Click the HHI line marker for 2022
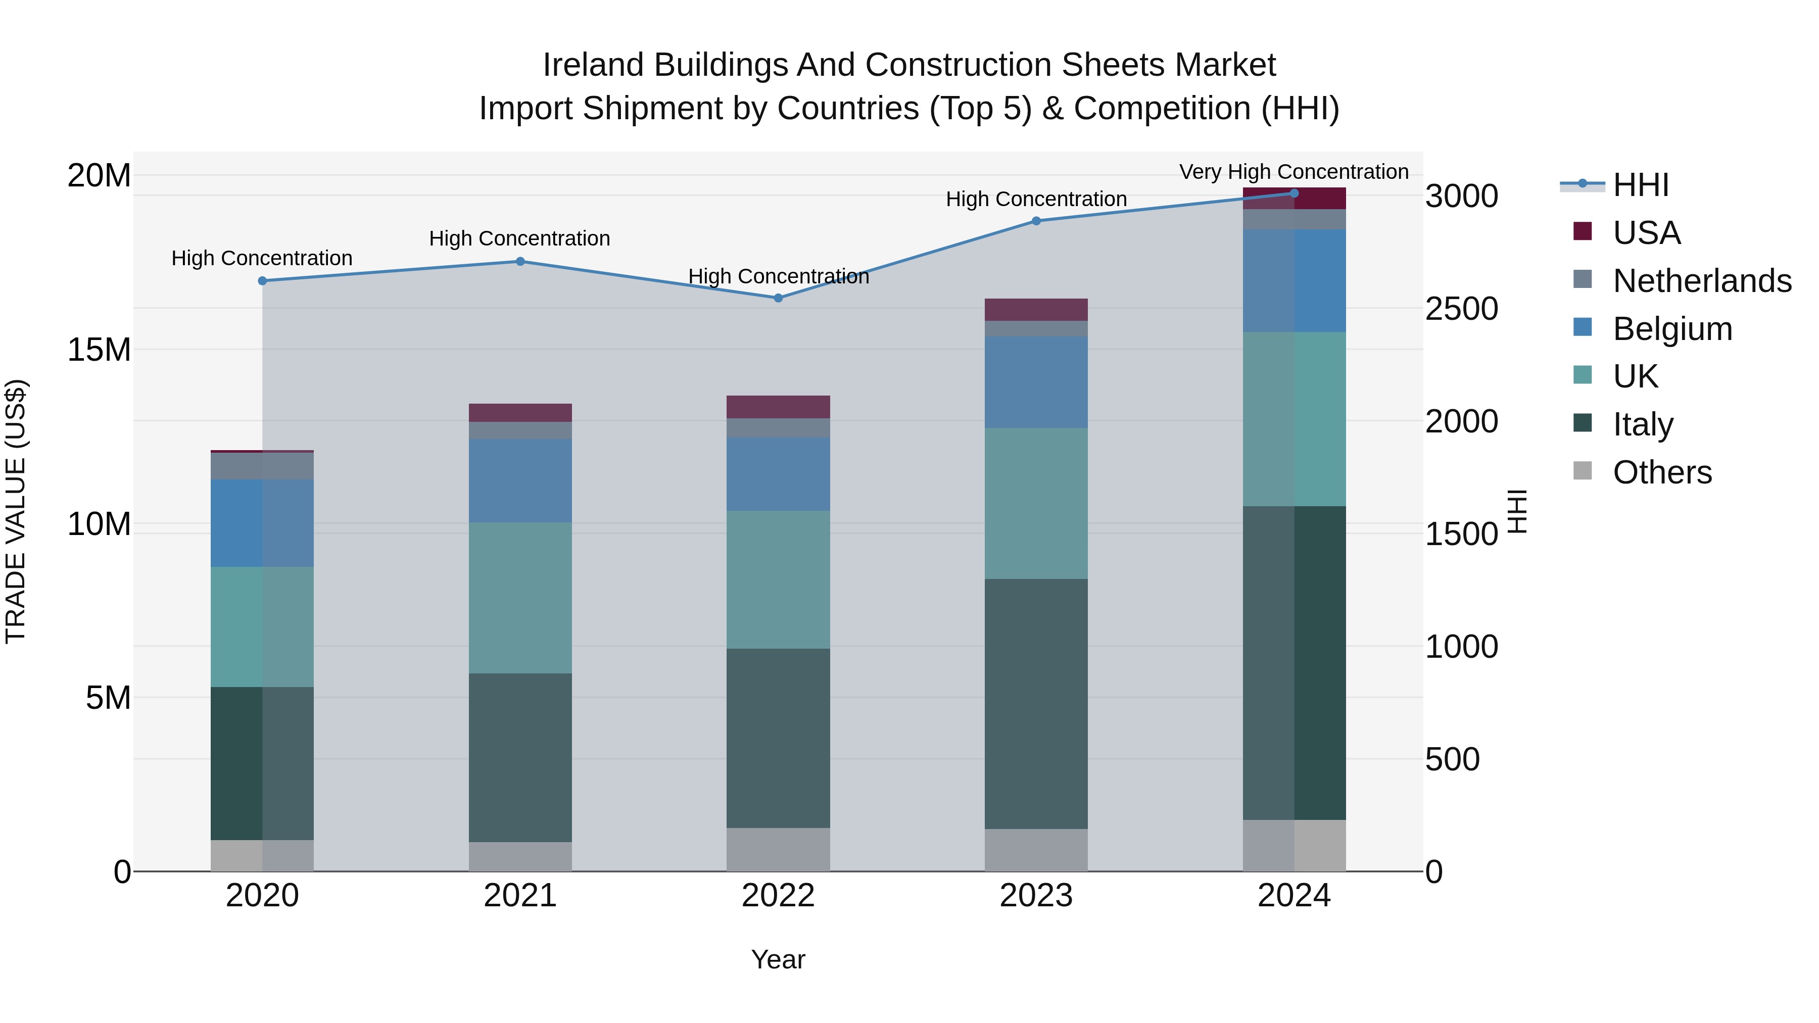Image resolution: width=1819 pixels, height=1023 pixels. tap(778, 298)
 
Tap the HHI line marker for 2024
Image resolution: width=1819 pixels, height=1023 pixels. tap(1294, 193)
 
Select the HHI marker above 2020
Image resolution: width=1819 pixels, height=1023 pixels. tap(262, 281)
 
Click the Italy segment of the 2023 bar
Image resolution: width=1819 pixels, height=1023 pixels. tap(1036, 703)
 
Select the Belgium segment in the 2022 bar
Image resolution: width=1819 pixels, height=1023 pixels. tap(778, 474)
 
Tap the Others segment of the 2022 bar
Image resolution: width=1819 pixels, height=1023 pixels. tap(778, 849)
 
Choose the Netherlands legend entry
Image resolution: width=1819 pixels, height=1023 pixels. tap(1702, 281)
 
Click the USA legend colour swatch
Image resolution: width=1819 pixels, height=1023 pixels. tap(1583, 231)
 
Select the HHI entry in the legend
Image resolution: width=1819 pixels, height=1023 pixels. tap(1640, 185)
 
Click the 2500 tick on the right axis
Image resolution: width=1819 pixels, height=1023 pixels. tap(1461, 309)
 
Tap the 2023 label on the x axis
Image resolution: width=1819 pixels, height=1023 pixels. tap(1036, 896)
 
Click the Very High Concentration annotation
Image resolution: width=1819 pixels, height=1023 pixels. tap(1294, 172)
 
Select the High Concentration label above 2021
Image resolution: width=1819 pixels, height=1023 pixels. tap(520, 238)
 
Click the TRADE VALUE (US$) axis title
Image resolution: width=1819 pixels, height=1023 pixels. tap(16, 511)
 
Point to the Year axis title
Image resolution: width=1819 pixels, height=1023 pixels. tap(778, 959)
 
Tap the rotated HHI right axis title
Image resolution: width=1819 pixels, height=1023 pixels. tap(1517, 511)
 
